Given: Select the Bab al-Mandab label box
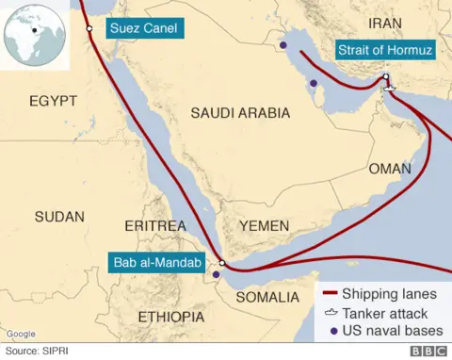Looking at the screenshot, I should (x=156, y=263).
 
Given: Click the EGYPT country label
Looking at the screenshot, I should (x=53, y=101).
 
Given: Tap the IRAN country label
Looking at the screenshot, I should (x=385, y=23).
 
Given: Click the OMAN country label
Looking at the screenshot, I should (x=390, y=171).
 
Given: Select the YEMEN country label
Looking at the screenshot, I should (x=265, y=226).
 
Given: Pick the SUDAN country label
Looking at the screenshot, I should (x=58, y=217).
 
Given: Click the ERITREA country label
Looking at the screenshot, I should (x=154, y=226).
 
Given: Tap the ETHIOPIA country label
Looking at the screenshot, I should (x=171, y=316).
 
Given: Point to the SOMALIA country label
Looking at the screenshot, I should (x=269, y=297).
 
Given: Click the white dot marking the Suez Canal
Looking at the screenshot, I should (x=89, y=28).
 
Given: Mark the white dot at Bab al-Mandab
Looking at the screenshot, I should (x=222, y=264).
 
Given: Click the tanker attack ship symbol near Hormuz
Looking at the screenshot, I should (x=391, y=90).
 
